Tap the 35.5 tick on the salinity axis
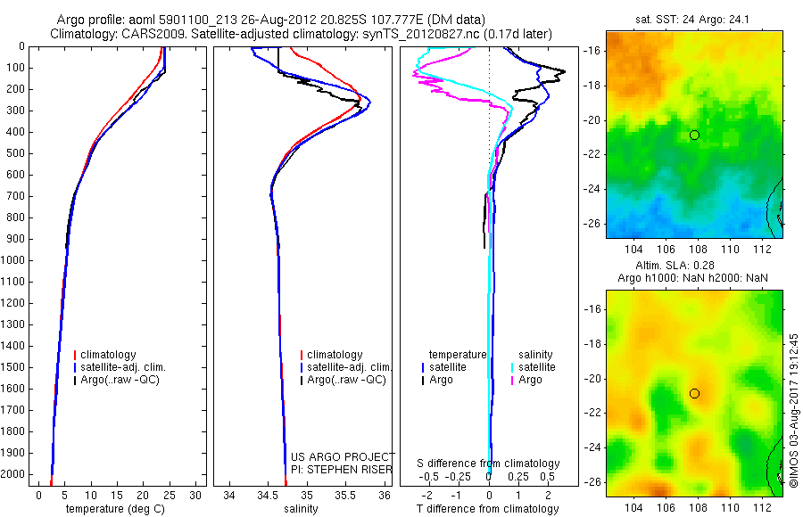point(346,495)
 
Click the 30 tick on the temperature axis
point(196,495)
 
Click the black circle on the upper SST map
point(694,135)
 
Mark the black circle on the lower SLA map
point(694,393)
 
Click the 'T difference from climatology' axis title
point(489,509)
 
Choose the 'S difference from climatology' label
point(489,464)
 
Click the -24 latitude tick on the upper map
point(593,189)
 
